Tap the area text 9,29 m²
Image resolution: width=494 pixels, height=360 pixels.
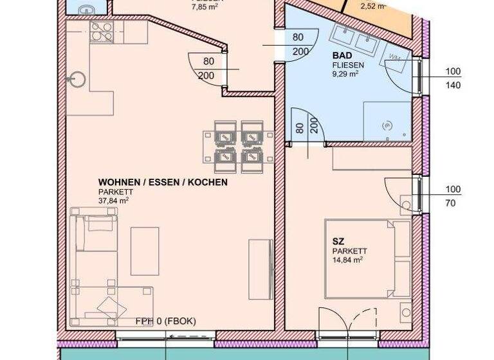tap(345, 73)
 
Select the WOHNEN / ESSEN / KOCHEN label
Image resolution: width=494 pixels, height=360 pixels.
tap(163, 183)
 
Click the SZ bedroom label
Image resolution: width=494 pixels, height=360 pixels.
tap(337, 241)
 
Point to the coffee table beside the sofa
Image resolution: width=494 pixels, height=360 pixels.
tap(144, 251)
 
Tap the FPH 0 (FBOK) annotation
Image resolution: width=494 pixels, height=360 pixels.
tap(165, 321)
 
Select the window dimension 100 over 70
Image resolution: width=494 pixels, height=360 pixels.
tap(453, 195)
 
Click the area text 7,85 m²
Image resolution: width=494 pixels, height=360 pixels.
tap(208, 8)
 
